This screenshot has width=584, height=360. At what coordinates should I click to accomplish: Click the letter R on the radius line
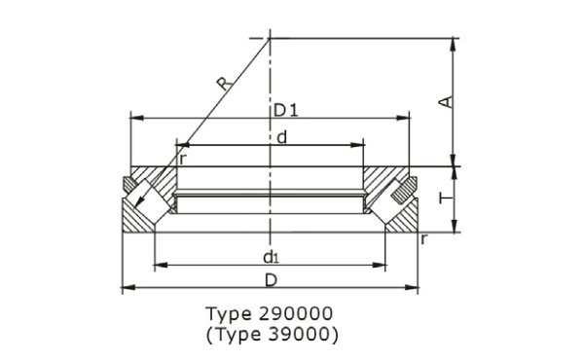(x=226, y=86)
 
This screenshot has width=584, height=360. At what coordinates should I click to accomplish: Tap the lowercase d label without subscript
(x=281, y=137)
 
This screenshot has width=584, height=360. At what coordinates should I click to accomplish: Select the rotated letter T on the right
(x=445, y=198)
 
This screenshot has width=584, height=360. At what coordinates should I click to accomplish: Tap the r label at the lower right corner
(x=423, y=238)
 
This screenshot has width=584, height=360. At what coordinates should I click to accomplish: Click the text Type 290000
(x=270, y=314)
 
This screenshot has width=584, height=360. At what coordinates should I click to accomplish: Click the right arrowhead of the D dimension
(x=413, y=288)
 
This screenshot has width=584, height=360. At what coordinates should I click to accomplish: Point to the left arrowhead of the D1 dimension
(x=135, y=118)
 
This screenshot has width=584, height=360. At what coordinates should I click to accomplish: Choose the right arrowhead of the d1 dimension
(x=382, y=264)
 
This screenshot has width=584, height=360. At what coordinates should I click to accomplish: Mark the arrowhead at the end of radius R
(x=139, y=211)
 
